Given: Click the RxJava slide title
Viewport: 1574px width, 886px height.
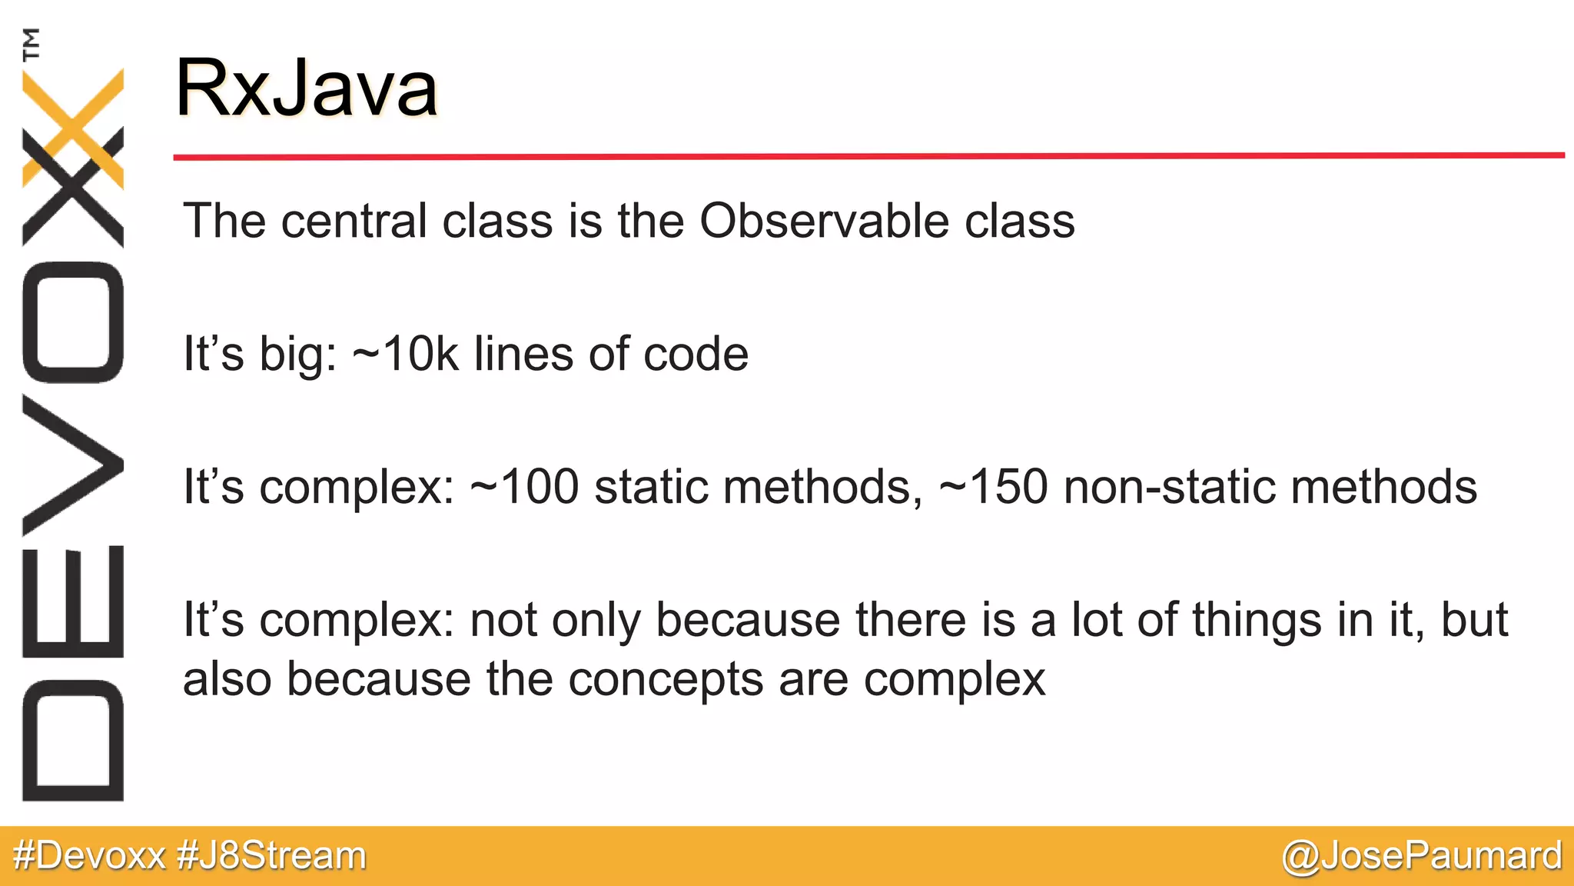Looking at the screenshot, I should pos(306,88).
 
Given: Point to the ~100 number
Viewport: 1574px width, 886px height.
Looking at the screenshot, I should pos(523,487).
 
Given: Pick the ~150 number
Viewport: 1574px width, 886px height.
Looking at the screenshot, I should pos(993,487).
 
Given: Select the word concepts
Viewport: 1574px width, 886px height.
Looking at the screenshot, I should pos(666,680).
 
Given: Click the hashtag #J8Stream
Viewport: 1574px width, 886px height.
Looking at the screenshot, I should pos(271,856).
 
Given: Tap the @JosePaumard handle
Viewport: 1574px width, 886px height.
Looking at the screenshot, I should pos(1422,856).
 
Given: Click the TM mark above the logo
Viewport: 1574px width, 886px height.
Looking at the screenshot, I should pos(32,44).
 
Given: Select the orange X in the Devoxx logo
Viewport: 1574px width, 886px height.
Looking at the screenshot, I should pos(74,127).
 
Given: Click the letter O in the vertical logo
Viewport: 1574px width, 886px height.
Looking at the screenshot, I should pos(74,321).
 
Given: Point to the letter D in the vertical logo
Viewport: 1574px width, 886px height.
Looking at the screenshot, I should pos(74,740).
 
